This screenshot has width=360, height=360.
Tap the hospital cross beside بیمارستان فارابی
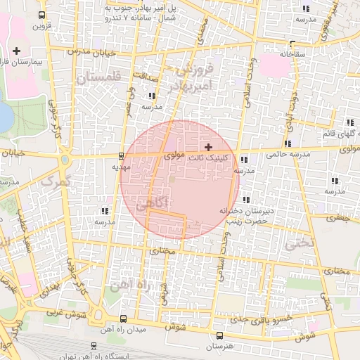17,51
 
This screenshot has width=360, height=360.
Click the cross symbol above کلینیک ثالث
207,148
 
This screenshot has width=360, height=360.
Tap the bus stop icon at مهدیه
122,156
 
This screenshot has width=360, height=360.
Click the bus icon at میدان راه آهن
124,319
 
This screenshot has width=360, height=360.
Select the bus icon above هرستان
219,335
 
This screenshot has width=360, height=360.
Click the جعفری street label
340,219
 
